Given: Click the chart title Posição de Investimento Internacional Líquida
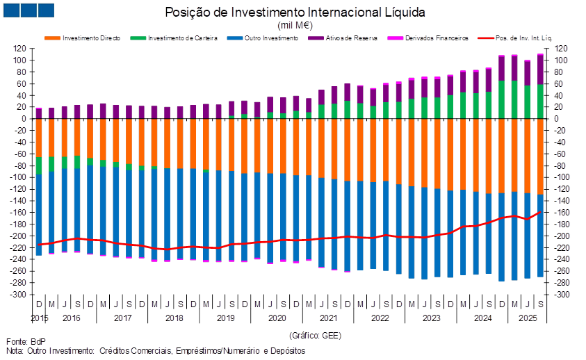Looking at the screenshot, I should pyautogui.click(x=295, y=13).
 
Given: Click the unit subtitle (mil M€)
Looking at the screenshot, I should pyautogui.click(x=295, y=25).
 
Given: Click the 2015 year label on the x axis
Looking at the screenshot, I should pyautogui.click(x=39, y=318).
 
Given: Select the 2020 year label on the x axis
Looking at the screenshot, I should pyautogui.click(x=277, y=318).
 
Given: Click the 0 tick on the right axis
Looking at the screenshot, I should pyautogui.click(x=558, y=119).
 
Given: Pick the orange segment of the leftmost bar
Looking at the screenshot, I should pyautogui.click(x=39, y=137).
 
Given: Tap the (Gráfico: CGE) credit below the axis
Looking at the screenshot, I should pyautogui.click(x=314, y=334).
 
